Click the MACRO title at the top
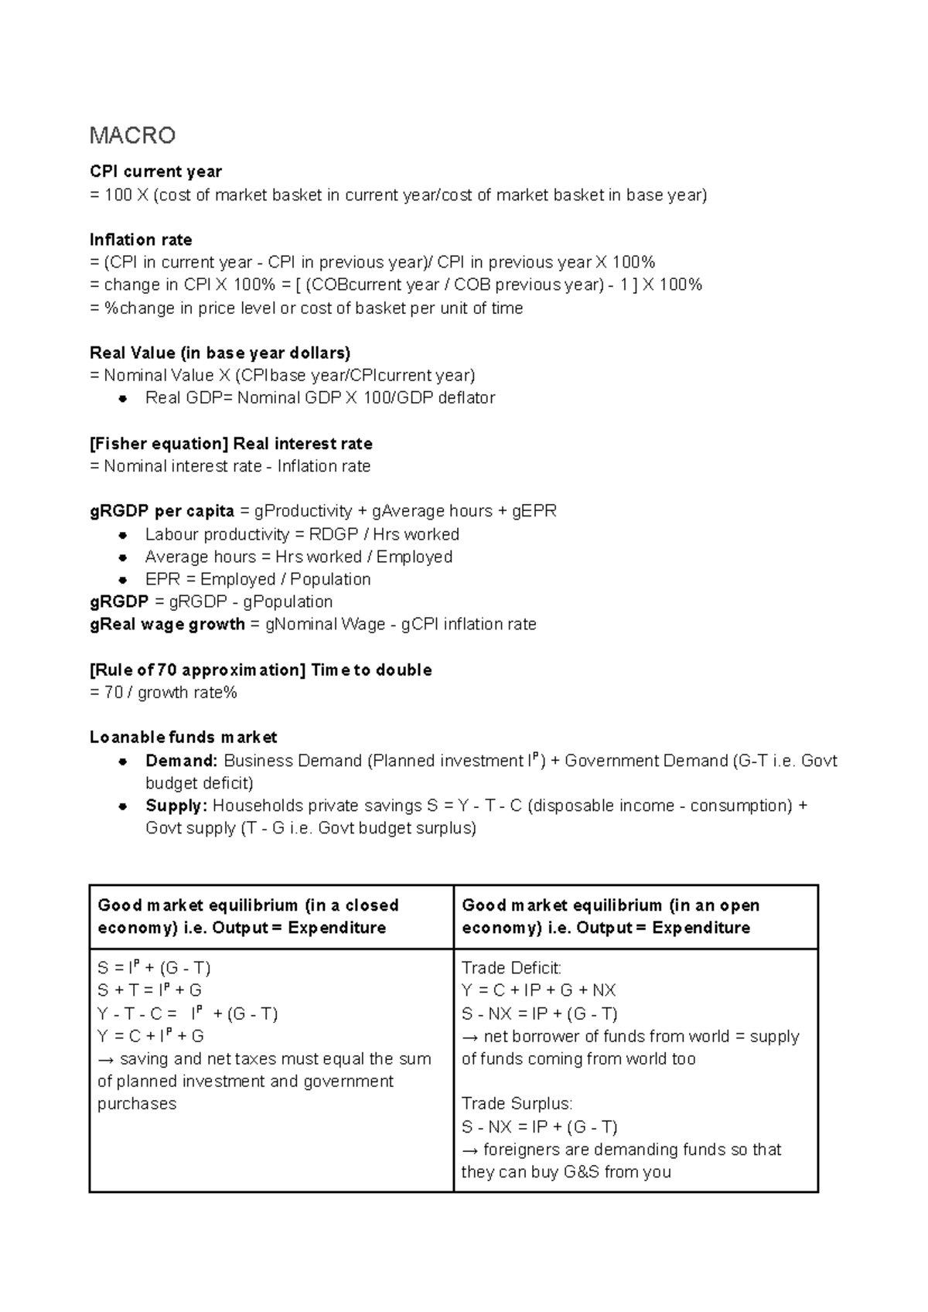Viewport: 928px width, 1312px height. click(132, 136)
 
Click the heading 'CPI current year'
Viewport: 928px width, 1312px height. click(155, 172)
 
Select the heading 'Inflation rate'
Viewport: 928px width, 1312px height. click(141, 240)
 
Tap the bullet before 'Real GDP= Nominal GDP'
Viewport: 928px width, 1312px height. click(122, 399)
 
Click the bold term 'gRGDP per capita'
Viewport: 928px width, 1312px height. click(162, 511)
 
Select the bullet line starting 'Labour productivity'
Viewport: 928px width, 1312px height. click(302, 534)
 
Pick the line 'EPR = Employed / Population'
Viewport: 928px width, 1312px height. click(258, 579)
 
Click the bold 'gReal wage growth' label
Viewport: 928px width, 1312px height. click(167, 624)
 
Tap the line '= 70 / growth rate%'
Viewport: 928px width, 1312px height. click(163, 693)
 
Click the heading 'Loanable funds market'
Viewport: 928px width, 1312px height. click(183, 738)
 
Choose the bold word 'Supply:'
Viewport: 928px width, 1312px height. click(176, 806)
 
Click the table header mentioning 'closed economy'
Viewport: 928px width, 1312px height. click(247, 916)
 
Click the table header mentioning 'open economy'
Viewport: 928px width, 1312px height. click(610, 916)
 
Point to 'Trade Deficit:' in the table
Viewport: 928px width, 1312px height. click(511, 968)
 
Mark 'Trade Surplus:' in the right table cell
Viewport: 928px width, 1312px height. click(517, 1103)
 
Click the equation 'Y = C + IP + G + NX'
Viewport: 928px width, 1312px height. click(538, 990)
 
